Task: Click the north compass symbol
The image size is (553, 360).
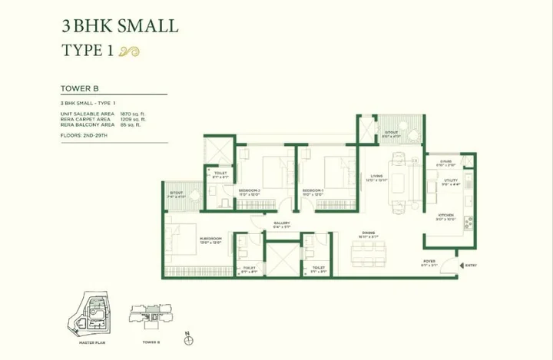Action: [x=188, y=336]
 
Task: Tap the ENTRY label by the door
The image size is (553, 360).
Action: [x=470, y=265]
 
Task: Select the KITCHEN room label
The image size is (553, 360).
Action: [x=445, y=215]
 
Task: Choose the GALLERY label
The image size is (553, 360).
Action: [x=281, y=223]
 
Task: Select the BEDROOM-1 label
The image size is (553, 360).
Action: [x=313, y=189]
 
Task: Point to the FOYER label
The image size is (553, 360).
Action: [x=429, y=261]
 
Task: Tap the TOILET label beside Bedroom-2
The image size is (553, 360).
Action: [x=220, y=173]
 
